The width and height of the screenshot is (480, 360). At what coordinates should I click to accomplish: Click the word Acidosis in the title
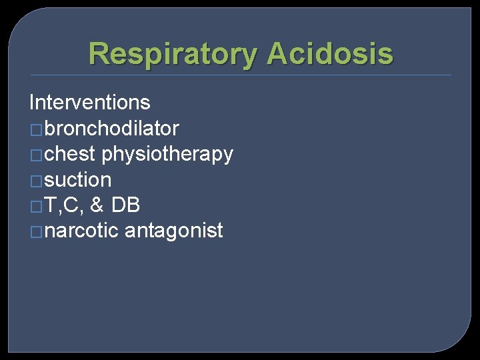coord(331,54)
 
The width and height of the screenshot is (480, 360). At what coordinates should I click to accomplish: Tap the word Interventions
coord(90,103)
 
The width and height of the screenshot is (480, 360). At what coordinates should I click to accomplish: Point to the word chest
coord(71,154)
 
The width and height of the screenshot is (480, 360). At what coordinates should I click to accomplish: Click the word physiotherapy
coord(167,154)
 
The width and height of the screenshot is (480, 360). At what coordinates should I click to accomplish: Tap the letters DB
coord(125,205)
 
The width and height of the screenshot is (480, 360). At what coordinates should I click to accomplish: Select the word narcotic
coord(82,231)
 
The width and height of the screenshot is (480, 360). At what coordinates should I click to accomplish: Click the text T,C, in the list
coord(64,205)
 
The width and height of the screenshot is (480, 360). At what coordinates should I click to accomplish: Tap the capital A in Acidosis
coord(279,54)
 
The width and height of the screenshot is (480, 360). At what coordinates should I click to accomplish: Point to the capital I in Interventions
coord(32,103)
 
